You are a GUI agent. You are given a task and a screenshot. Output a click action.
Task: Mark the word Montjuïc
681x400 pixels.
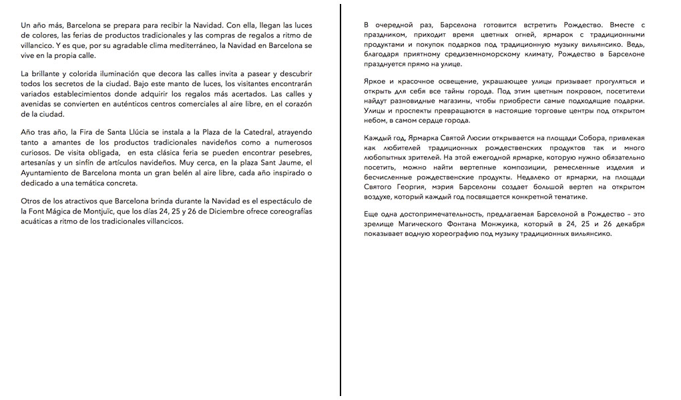105,211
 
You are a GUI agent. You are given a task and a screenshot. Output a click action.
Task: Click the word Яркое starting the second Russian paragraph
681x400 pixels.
377,81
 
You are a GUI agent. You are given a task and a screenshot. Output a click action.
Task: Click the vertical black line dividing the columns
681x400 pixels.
340,200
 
